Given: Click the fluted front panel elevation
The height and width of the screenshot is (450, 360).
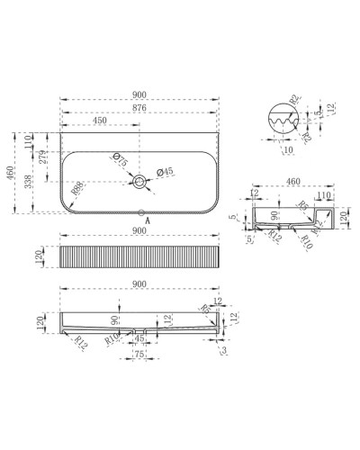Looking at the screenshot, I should (139, 257).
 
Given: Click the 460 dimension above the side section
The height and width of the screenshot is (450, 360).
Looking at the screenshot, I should (292, 182).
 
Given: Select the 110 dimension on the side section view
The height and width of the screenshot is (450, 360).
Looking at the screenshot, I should (324, 194).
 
